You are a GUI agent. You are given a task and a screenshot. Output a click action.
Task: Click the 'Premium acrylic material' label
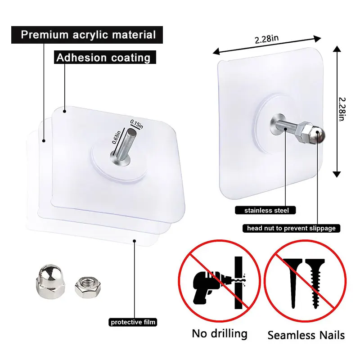pos(88,35)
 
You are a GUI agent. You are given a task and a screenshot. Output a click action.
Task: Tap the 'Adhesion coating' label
pos(103,58)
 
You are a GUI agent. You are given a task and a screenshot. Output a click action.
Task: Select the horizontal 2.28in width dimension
pos(267,39)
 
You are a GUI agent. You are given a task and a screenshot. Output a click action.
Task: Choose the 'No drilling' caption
pos(220,334)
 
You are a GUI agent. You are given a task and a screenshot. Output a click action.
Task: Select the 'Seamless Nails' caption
pos(306,335)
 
